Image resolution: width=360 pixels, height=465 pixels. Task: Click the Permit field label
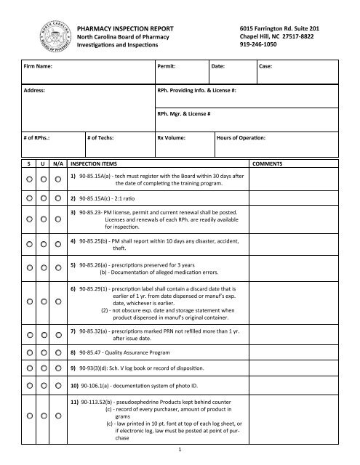[169, 65]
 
